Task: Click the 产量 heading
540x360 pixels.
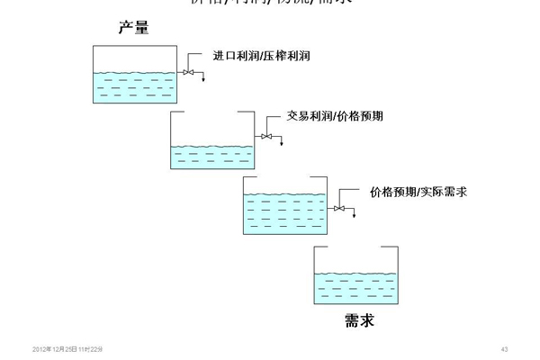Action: coord(133,28)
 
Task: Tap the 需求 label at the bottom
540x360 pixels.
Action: coord(358,320)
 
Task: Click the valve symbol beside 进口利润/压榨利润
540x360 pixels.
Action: coord(186,72)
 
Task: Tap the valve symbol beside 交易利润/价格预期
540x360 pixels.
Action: coord(265,136)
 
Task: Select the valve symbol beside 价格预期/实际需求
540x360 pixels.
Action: coord(338,209)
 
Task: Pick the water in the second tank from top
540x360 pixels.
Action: coord(211,157)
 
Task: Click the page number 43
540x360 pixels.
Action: coord(505,348)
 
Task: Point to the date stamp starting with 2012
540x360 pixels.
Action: coord(67,348)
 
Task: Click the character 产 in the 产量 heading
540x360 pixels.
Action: coord(126,28)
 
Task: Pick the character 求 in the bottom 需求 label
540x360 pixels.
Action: coord(365,320)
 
